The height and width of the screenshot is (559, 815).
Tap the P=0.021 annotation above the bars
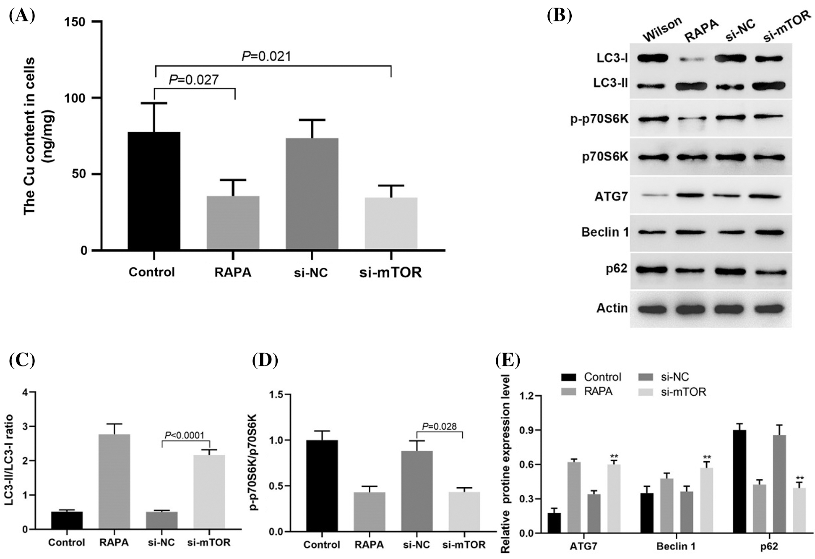click(266, 56)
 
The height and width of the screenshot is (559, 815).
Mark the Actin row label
click(612, 308)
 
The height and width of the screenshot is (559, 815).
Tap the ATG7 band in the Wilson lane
click(654, 196)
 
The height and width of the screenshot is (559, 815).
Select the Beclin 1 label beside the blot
click(605, 232)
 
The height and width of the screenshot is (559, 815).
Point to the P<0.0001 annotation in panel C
click(185, 435)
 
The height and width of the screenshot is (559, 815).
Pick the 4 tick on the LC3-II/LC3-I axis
click(25, 393)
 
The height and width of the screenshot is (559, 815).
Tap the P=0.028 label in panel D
click(439, 427)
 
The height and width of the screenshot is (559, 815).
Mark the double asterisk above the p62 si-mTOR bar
click(800, 478)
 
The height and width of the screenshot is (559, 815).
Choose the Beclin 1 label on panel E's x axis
click(676, 546)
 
